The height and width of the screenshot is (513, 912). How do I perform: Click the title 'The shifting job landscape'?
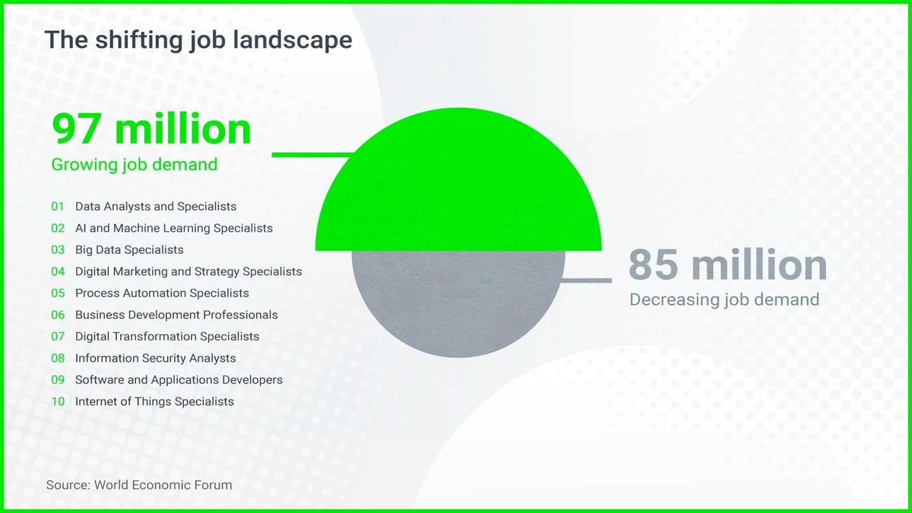pyautogui.click(x=198, y=40)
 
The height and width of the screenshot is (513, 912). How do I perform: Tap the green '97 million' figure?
pyautogui.click(x=151, y=128)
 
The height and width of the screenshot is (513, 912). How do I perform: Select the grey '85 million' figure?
pyautogui.click(x=727, y=264)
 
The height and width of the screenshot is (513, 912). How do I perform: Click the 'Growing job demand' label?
pyautogui.click(x=135, y=165)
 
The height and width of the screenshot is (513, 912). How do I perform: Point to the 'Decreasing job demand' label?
pyautogui.click(x=724, y=300)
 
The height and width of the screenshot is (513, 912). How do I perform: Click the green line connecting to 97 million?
pyautogui.click(x=312, y=155)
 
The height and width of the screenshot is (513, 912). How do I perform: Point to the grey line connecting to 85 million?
pyautogui.click(x=586, y=280)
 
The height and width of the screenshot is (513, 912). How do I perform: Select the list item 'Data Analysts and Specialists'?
pyautogui.click(x=156, y=207)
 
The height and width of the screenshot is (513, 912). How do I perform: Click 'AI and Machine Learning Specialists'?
pyautogui.click(x=174, y=228)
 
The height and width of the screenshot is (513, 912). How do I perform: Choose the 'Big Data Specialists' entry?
pyautogui.click(x=129, y=249)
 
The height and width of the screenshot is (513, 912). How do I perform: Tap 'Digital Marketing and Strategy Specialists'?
pyautogui.click(x=188, y=271)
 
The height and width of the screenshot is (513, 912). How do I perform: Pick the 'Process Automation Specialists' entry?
pyautogui.click(x=162, y=293)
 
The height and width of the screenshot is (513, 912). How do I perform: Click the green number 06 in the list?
pyautogui.click(x=58, y=315)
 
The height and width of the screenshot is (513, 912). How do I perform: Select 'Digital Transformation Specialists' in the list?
pyautogui.click(x=167, y=336)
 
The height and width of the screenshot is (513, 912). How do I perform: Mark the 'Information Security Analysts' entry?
pyautogui.click(x=156, y=358)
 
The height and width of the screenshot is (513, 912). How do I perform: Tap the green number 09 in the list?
pyautogui.click(x=58, y=380)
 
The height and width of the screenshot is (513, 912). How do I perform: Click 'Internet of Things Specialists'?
pyautogui.click(x=154, y=401)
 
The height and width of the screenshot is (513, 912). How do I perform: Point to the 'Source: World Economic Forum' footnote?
pyautogui.click(x=139, y=485)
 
